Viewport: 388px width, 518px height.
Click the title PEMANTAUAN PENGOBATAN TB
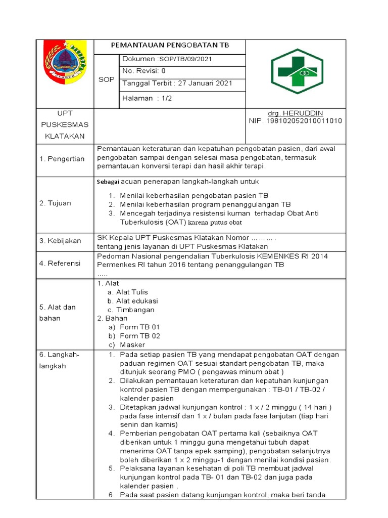pyautogui.click(x=170, y=46)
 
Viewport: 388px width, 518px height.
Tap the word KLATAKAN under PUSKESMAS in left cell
pyautogui.click(x=65, y=136)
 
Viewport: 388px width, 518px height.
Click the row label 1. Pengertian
pyautogui.click(x=62, y=159)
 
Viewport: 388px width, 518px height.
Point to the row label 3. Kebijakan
pyautogui.click(x=60, y=241)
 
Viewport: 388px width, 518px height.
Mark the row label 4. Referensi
pyautogui.click(x=60, y=263)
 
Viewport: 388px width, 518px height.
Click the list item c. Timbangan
pyautogui.click(x=135, y=310)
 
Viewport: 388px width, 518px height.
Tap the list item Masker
pyautogui.click(x=132, y=344)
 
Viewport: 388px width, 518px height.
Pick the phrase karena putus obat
pyautogui.click(x=215, y=223)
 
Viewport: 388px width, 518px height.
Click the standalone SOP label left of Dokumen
pyautogui.click(x=106, y=79)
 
